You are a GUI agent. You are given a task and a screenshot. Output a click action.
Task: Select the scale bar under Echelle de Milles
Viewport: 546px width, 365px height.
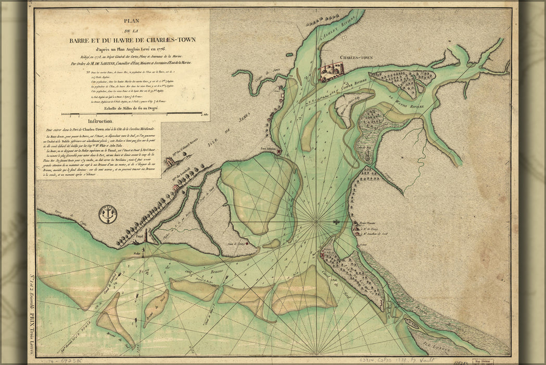[x=131, y=113]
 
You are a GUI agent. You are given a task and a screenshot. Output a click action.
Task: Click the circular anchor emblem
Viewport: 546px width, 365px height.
[x=108, y=213]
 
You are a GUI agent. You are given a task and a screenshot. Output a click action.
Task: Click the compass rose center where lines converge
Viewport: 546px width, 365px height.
[x=316, y=222]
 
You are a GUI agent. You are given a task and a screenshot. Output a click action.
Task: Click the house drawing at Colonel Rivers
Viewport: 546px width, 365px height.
[x=170, y=164]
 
